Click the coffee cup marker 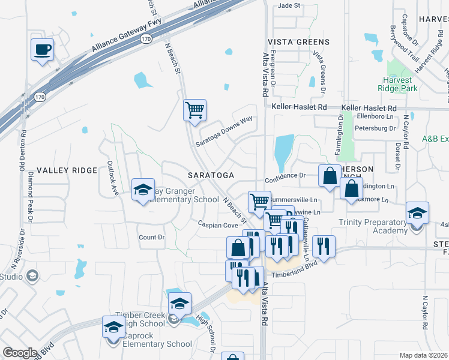tap(42, 50)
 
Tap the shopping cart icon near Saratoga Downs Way tap(194, 110)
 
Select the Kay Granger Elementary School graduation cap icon tap(143, 190)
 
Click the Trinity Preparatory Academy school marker tap(417, 213)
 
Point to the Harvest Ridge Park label tap(394, 84)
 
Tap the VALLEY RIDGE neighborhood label tap(67, 170)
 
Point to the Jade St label tap(288, 6)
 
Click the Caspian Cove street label tap(218, 224)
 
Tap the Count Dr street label tap(151, 237)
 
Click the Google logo tap(20, 353)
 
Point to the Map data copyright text tap(424, 355)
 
